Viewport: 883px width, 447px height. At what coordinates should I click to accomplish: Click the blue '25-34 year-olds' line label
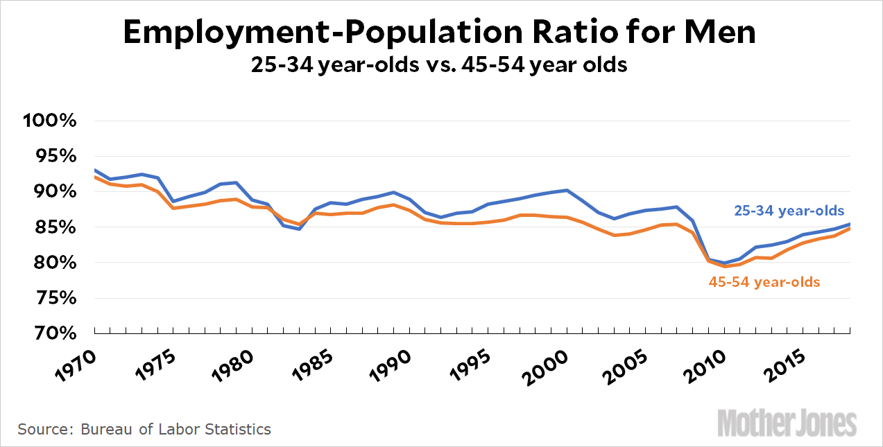790,211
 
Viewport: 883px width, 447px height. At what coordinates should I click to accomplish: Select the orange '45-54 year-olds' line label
764,282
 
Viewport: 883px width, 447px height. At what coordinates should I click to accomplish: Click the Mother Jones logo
787,422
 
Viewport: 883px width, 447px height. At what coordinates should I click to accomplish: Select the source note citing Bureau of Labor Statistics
144,429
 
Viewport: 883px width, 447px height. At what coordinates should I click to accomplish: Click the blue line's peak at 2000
567,190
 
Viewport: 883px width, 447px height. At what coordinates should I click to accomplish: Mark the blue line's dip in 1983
299,229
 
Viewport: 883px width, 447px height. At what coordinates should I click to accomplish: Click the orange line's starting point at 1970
94,177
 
